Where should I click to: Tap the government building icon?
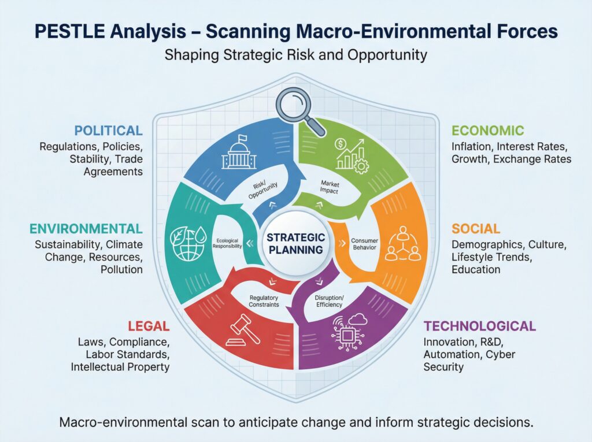click(239, 152)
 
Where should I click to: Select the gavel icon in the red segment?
click(243, 330)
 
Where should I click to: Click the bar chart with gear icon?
click(350, 155)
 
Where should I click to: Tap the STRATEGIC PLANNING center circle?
click(295, 243)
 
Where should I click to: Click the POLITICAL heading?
click(108, 131)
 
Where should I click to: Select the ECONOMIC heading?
click(488, 131)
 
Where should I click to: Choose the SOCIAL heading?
click(476, 229)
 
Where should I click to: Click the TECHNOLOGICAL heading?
click(479, 326)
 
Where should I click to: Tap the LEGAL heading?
click(149, 326)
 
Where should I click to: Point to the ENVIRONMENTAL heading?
click(86, 229)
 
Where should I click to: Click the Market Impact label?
click(330, 187)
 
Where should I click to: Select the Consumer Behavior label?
click(364, 244)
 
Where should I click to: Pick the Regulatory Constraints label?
click(264, 301)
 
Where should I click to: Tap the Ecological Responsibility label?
click(227, 243)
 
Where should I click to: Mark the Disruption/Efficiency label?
click(329, 301)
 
